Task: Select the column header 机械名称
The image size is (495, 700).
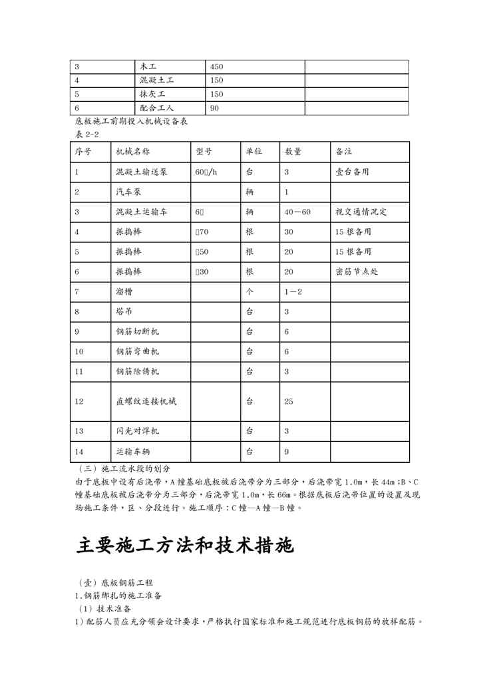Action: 132,152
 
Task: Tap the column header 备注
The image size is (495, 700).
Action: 344,152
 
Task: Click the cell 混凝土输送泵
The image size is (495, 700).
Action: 142,172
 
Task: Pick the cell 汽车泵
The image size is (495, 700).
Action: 128,192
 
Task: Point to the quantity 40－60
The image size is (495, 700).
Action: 297,212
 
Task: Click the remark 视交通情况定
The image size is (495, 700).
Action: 362,212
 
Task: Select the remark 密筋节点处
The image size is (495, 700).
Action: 357,272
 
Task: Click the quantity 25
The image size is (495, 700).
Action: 289,401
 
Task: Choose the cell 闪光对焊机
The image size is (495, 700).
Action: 137,431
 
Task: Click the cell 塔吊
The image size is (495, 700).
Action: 124,311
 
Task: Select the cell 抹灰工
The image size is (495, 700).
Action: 152,94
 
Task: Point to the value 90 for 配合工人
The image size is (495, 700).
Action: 214,108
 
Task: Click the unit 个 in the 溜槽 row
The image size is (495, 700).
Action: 249,292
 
